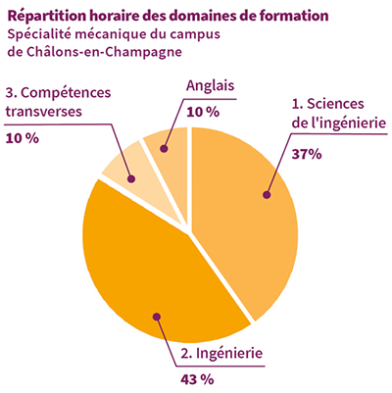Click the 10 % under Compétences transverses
[x=23, y=138]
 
